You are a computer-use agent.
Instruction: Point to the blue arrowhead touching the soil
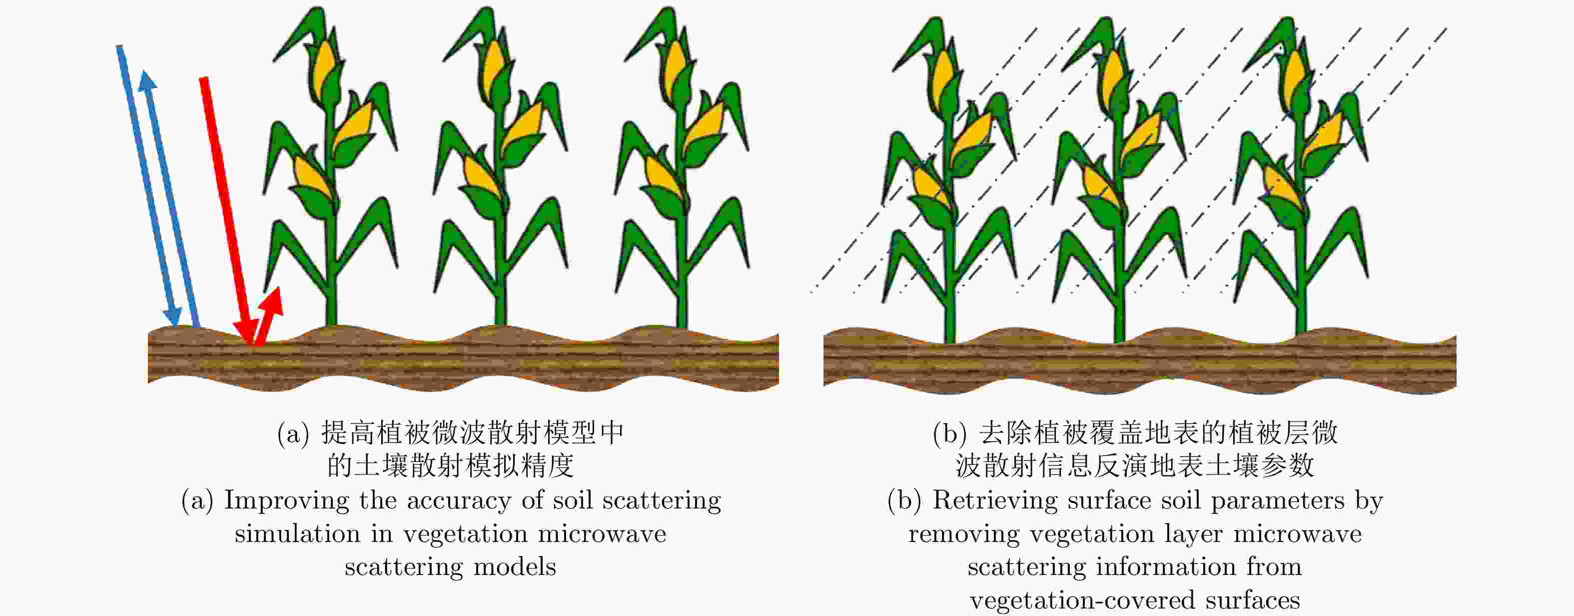click(173, 316)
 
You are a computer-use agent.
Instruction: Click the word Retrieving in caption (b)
click(995, 501)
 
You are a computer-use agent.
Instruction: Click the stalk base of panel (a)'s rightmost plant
click(682, 314)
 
